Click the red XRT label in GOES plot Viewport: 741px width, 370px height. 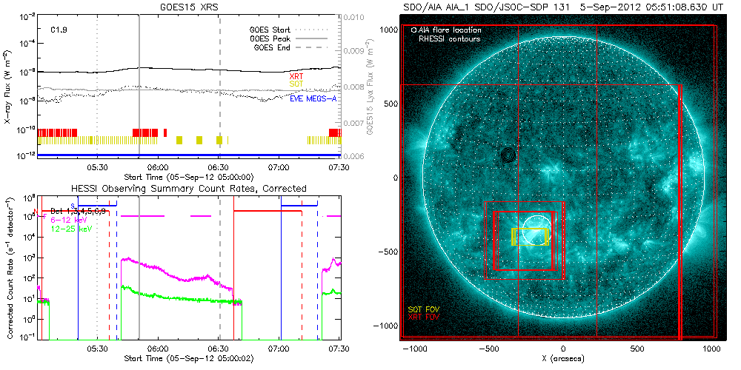click(x=296, y=76)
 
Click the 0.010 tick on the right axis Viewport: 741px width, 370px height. click(x=356, y=16)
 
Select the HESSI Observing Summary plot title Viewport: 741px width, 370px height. click(x=188, y=189)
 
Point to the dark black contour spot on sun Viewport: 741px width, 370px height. click(x=508, y=155)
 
